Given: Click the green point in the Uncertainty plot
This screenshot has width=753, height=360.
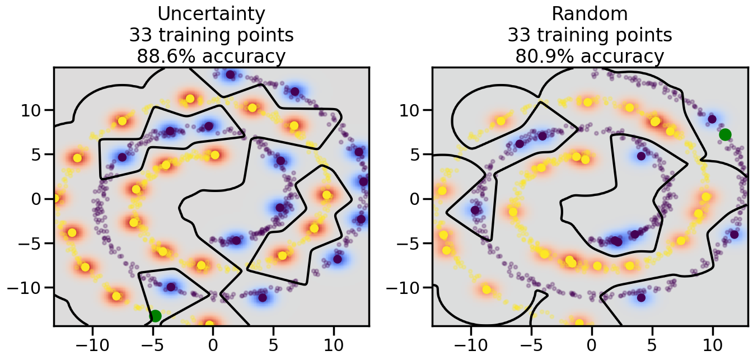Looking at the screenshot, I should point(156,316).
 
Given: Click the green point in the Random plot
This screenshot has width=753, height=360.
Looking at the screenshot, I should point(725,134).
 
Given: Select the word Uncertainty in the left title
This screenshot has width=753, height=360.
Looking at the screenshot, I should point(211,14).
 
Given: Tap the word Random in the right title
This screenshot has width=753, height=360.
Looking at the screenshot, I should point(590,14).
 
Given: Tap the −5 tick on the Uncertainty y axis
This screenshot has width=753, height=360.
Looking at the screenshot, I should point(32,244).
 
